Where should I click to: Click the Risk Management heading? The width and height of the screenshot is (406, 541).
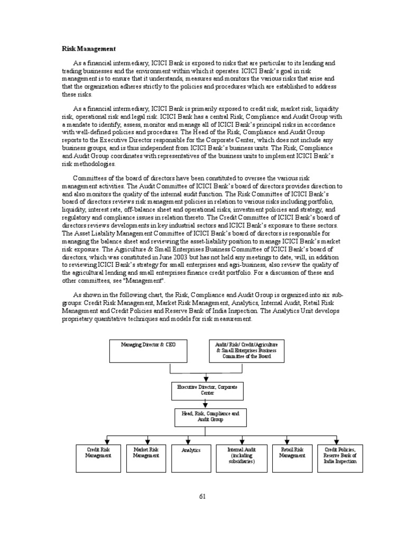coord(88,49)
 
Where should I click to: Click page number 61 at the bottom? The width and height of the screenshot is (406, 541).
coord(203,496)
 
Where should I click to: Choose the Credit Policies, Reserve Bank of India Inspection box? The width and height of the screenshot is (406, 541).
coord(340,455)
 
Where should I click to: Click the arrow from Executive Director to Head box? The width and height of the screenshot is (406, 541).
coord(205,403)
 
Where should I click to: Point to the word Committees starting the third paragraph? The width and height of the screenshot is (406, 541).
coord(89,179)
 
